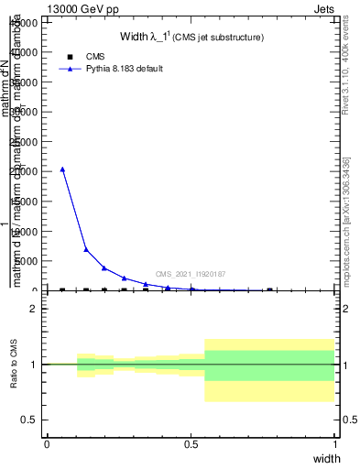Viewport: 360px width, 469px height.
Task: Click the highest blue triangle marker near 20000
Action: tap(62, 169)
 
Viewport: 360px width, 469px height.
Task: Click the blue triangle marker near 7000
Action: tap(86, 249)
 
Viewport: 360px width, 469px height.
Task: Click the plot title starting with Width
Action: tap(191, 38)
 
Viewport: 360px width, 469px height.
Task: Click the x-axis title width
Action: tap(326, 458)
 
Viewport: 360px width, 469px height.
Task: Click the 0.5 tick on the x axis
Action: tap(191, 444)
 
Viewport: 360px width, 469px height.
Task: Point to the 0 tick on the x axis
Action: tap(47, 444)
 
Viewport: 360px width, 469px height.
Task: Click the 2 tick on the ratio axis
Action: tap(35, 309)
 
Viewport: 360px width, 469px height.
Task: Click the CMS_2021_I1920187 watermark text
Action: tap(190, 274)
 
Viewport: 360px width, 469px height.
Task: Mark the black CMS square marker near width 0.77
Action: tap(269, 290)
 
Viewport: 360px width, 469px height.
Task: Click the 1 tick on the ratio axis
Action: tap(35, 365)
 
